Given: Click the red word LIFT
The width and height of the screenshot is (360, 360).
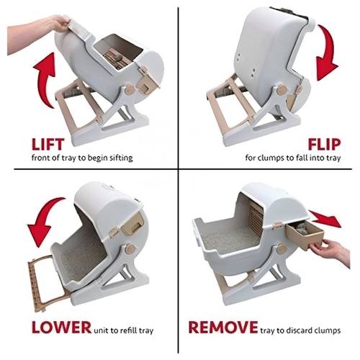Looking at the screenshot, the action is [x=48, y=144].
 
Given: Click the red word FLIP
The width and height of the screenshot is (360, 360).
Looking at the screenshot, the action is [x=324, y=144].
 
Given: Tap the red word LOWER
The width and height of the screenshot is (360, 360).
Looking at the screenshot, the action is [x=61, y=328].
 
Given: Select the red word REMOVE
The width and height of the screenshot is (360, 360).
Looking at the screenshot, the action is [x=223, y=327].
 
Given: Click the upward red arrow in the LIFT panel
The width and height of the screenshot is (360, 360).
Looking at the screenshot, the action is [x=45, y=79].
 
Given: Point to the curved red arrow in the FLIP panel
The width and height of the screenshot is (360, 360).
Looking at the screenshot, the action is [x=328, y=52].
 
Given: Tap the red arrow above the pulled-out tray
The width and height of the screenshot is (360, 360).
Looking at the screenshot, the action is [x=325, y=219].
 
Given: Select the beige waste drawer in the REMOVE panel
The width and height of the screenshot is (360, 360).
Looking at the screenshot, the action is [x=305, y=234].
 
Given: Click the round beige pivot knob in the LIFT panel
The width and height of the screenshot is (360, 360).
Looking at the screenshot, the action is [x=130, y=89].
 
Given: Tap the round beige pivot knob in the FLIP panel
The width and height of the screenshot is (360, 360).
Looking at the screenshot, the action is [x=282, y=90].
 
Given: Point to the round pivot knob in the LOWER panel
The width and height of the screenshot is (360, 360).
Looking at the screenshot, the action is [x=131, y=248].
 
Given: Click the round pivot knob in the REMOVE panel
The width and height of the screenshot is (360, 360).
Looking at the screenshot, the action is [x=282, y=248].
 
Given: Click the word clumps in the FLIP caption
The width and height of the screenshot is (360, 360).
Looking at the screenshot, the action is [x=269, y=158].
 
